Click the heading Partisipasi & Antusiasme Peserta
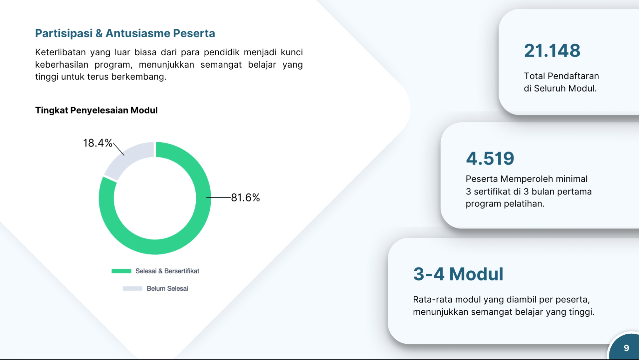point(125,33)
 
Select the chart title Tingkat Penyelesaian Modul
point(97,110)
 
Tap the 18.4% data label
point(98,143)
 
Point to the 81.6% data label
point(245,197)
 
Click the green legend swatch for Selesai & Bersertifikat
point(121,271)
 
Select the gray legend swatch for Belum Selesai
point(132,288)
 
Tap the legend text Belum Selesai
point(167,288)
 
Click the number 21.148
point(552,51)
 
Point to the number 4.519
point(490,158)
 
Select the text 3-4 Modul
point(458,274)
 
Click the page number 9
point(626,348)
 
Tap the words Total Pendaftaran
point(561,76)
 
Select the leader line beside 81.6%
point(219,197)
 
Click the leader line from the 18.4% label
point(118,149)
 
